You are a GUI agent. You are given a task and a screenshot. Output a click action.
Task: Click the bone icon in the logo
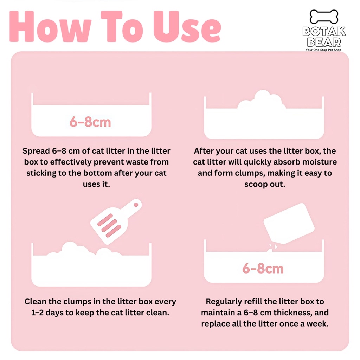point(324,17)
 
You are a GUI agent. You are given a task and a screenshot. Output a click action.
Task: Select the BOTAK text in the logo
point(324,31)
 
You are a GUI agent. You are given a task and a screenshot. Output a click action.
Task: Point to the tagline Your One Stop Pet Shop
point(323,50)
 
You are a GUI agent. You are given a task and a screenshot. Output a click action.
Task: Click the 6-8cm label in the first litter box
point(90,122)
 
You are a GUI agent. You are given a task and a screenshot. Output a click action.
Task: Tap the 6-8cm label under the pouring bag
point(263,268)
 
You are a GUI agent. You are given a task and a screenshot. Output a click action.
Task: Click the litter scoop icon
point(116,222)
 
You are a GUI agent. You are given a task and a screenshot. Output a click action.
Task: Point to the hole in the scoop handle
point(136,205)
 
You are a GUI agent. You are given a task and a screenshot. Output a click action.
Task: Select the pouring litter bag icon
point(289,223)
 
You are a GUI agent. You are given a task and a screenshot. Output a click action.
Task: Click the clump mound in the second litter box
point(262,100)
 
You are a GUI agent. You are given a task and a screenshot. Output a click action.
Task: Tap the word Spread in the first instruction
point(36,151)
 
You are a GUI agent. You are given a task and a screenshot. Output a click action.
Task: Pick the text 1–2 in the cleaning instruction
point(37,313)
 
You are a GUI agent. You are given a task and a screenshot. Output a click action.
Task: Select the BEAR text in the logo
point(324,42)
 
